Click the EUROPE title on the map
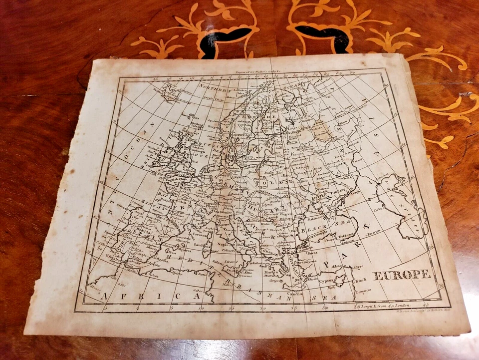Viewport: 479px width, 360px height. point(401,275)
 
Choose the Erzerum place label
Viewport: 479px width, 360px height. point(373,231)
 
